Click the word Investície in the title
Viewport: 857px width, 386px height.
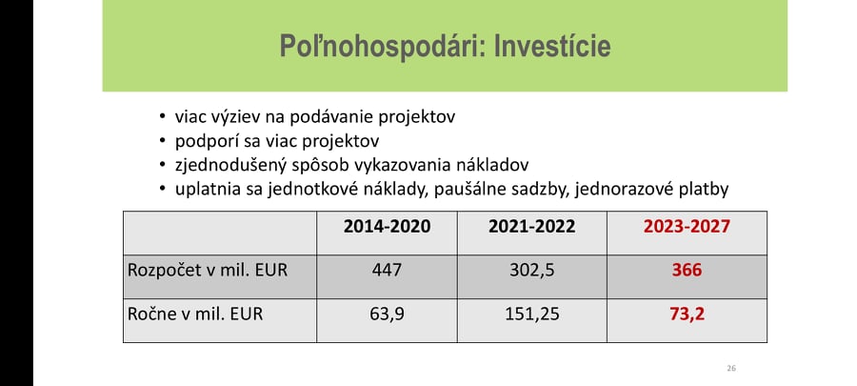[x=552, y=46]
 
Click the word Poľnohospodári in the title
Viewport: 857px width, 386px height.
[x=381, y=47]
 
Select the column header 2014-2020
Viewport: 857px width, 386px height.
[x=387, y=226]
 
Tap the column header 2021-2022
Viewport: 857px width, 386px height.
[x=531, y=226]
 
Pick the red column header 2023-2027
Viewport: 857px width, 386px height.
[x=687, y=226]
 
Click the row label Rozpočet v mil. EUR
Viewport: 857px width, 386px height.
[x=208, y=270]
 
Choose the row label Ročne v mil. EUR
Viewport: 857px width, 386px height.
[x=195, y=315]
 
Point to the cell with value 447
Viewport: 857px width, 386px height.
[x=387, y=270]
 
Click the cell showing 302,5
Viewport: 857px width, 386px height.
[x=531, y=271]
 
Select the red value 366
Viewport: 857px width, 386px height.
[x=687, y=270]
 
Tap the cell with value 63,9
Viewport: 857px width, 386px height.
[x=387, y=315]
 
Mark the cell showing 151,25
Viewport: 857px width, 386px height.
[x=531, y=315]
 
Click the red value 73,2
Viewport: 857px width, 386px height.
[x=687, y=315]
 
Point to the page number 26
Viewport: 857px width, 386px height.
[x=731, y=368]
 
